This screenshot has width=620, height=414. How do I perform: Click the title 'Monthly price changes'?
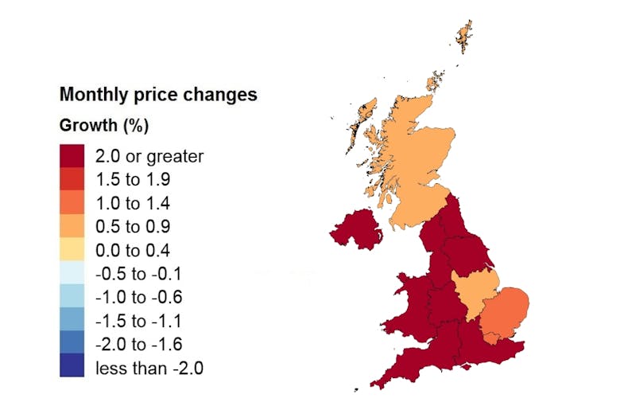point(158,94)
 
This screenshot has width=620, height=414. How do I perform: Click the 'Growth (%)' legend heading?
point(104,126)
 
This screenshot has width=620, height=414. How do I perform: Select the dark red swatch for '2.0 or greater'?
point(73,156)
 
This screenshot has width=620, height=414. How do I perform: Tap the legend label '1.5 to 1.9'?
point(132,179)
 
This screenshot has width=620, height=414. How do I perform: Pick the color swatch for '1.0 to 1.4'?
point(73,204)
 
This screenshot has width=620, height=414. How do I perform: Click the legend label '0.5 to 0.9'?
point(132,227)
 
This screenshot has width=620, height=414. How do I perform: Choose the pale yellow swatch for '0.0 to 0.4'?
point(73,251)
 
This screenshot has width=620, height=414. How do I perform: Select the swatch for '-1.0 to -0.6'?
point(73,299)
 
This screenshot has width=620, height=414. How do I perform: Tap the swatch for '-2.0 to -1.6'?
point(73,346)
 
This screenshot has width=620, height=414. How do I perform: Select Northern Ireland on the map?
point(356,230)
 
